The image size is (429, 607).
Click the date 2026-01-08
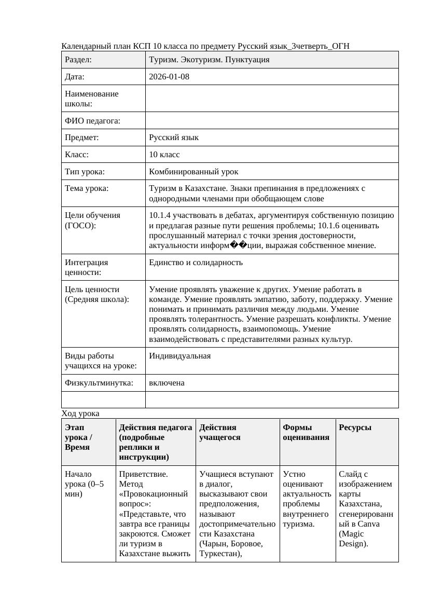169,77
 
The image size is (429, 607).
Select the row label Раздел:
78,60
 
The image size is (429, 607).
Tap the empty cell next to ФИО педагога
272,121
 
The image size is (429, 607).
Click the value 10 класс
164,155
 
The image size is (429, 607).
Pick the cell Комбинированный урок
193,172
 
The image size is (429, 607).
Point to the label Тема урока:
87,189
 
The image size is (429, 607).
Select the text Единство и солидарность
196,263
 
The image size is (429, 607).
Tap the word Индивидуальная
179,356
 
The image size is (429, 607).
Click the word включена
167,383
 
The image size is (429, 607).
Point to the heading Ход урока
80,413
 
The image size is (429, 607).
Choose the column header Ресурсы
355,427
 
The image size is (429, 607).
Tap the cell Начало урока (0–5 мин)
84,484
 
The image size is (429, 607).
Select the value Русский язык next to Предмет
173,138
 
